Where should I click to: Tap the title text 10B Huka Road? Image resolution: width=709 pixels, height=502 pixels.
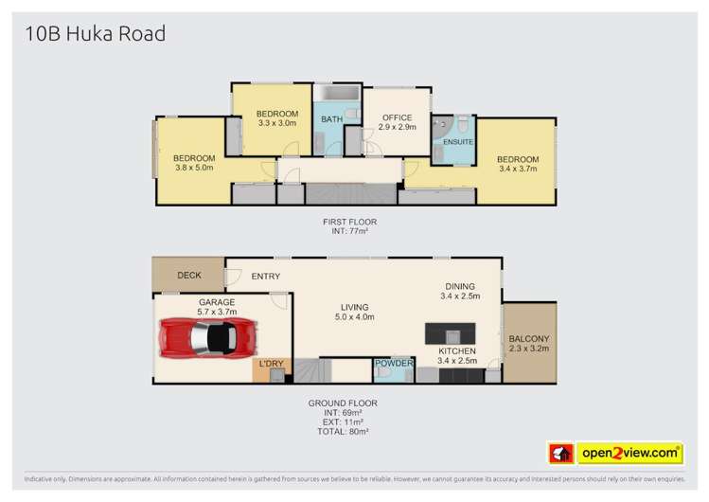(90, 35)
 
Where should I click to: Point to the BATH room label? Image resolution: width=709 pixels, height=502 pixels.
(331, 119)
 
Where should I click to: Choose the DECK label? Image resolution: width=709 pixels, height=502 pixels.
(189, 276)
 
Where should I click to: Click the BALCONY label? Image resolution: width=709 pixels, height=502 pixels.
(529, 339)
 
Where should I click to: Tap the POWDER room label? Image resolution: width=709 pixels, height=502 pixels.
(393, 364)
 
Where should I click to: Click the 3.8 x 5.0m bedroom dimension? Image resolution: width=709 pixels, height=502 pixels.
(195, 168)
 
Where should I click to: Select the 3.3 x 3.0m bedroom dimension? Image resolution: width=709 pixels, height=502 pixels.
(277, 122)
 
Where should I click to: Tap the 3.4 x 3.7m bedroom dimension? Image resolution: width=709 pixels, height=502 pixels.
(518, 170)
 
